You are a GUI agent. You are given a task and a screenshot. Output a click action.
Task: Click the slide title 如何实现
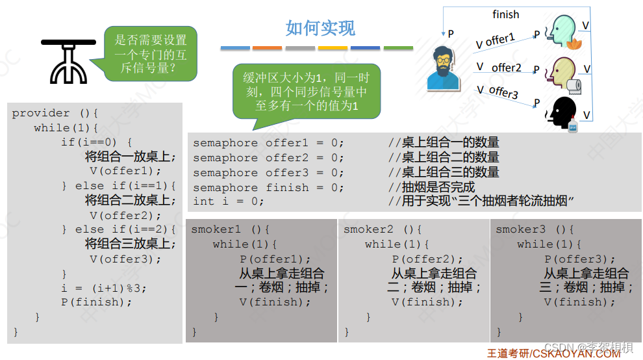(320, 28)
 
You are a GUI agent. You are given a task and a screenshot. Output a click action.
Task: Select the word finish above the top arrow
(505, 14)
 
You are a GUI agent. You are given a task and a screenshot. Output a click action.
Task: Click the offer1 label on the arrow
(499, 40)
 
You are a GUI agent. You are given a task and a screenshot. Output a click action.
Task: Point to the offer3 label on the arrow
(503, 92)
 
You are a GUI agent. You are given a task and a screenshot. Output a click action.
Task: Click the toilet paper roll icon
(574, 85)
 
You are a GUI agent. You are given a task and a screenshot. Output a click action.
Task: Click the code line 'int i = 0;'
(229, 201)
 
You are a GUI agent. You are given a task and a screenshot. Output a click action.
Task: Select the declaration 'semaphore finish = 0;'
(268, 187)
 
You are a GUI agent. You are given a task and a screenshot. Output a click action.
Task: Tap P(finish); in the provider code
(97, 302)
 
